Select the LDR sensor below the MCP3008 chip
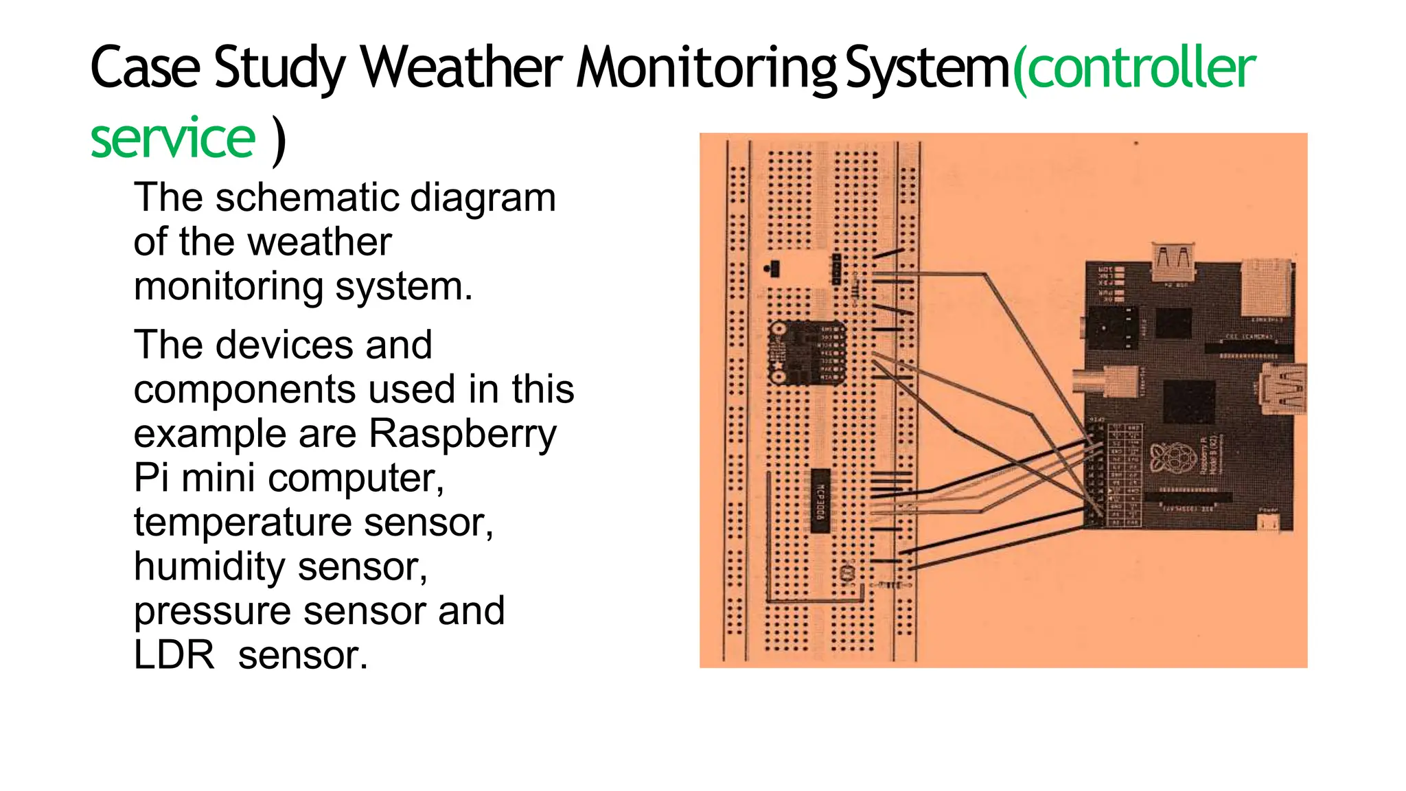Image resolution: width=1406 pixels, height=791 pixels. click(x=849, y=572)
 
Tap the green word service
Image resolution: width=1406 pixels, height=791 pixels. click(x=173, y=139)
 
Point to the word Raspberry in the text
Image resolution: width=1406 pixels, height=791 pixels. click(x=463, y=434)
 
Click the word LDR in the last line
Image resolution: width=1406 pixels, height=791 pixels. click(x=174, y=655)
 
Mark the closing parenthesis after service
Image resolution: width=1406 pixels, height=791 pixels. click(x=278, y=140)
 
